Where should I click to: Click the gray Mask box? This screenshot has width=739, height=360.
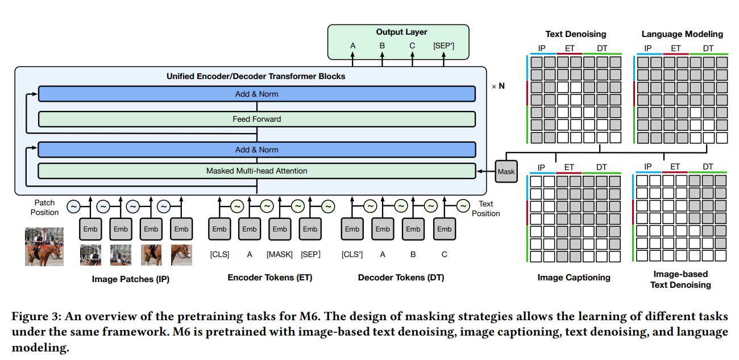pos(506,171)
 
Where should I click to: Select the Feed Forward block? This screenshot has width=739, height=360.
pos(256,119)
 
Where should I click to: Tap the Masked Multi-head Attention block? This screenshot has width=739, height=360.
pos(256,171)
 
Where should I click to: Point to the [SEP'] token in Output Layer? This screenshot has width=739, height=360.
pos(443,46)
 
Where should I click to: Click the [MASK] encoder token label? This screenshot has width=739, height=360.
pos(280,254)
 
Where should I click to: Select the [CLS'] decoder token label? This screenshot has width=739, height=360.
pos(352,254)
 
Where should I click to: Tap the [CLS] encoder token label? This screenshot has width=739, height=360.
pos(219,254)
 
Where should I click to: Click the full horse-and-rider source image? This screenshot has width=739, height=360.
pos(44,246)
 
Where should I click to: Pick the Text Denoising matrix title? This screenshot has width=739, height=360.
pos(575,34)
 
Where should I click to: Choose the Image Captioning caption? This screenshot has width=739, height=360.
pos(574,278)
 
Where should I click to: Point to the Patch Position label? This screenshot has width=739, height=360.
pos(45,207)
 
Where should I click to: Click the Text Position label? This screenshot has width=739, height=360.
pos(485,208)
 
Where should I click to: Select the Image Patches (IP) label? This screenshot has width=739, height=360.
pos(130,279)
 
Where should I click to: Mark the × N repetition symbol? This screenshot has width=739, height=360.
pos(498,86)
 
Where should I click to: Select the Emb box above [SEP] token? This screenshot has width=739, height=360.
pos(310,229)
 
